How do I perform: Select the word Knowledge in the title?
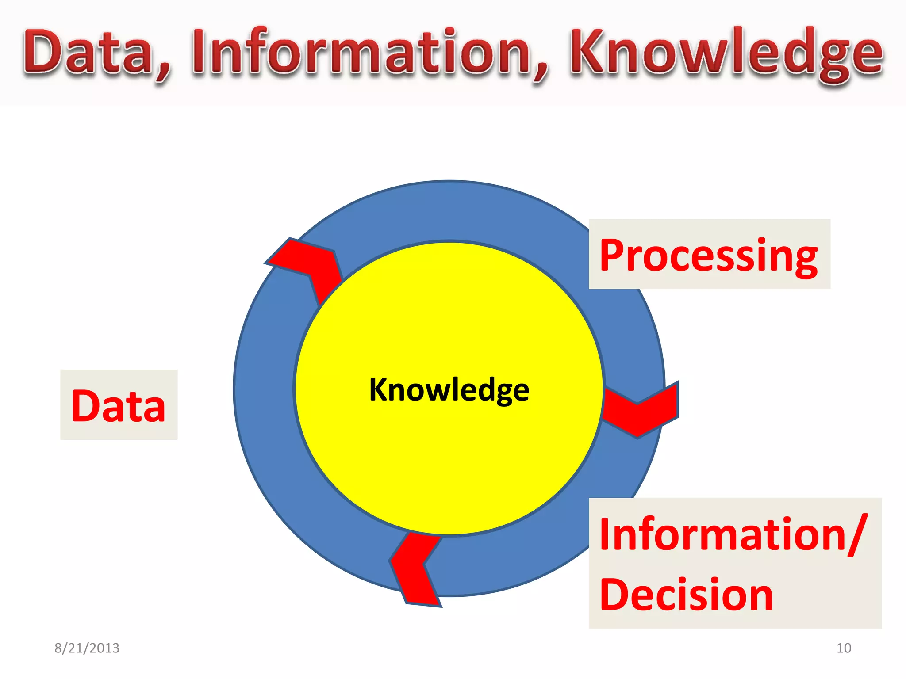click(726, 53)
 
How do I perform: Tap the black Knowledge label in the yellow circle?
click(449, 390)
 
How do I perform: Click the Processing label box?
click(709, 255)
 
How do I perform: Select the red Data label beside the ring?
click(118, 405)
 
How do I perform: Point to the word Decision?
click(686, 595)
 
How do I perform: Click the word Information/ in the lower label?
click(730, 535)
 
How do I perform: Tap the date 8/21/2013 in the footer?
click(87, 648)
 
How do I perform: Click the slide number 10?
click(844, 648)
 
